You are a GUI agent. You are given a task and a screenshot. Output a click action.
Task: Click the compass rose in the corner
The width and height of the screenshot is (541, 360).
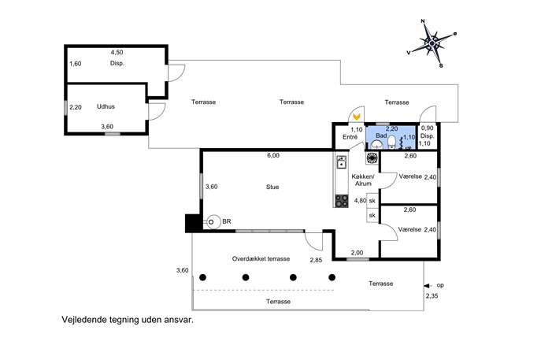point(432,43)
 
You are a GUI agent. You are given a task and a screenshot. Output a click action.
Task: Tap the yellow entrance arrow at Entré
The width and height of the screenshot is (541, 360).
point(357,117)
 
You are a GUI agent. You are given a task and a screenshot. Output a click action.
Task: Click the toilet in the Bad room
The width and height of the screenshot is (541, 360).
point(391,142)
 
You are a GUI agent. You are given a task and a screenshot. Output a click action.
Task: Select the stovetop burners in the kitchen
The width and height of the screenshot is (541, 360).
point(342,201)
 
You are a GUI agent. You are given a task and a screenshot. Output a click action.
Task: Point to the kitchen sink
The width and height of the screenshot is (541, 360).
point(341,161)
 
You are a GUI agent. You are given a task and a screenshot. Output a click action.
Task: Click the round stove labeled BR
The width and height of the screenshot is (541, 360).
point(213,222)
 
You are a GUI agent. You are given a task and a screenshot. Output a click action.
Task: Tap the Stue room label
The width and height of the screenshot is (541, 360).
point(272,187)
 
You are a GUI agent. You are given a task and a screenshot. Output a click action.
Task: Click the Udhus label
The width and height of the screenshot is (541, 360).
point(106,106)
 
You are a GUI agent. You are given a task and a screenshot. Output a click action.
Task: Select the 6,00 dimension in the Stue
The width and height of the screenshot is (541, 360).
point(273,156)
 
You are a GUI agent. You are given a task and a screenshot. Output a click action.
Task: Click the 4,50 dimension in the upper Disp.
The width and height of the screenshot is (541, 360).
point(117,53)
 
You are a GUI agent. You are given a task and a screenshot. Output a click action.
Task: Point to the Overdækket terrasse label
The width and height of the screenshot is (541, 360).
point(261,259)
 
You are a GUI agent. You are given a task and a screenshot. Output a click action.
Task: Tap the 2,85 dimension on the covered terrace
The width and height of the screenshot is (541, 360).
point(316,260)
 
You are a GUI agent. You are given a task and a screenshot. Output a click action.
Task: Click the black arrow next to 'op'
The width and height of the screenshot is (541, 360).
point(427,286)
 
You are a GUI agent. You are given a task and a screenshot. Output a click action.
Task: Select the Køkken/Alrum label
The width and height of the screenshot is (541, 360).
point(363,180)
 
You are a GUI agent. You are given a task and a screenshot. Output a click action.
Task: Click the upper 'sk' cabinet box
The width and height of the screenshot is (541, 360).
point(372,200)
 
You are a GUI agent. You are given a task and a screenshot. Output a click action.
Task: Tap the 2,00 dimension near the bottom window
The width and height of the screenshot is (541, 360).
point(357,253)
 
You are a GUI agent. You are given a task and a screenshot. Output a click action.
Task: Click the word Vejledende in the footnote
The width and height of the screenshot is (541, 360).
point(83,320)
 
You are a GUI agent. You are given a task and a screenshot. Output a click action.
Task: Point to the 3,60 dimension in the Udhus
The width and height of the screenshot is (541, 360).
point(107,127)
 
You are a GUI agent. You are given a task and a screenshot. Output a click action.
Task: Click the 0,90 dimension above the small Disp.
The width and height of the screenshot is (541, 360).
point(427,128)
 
